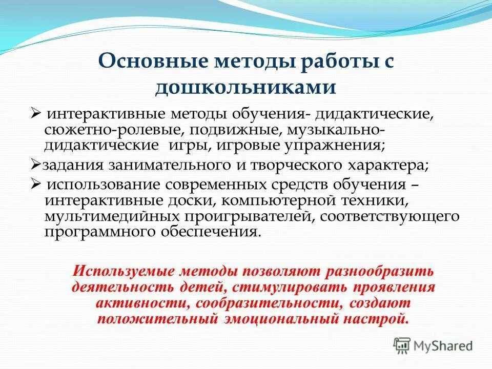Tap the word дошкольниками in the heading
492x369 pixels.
point(245,87)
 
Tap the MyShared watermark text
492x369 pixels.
point(444,346)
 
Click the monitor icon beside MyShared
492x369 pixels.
point(402,345)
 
